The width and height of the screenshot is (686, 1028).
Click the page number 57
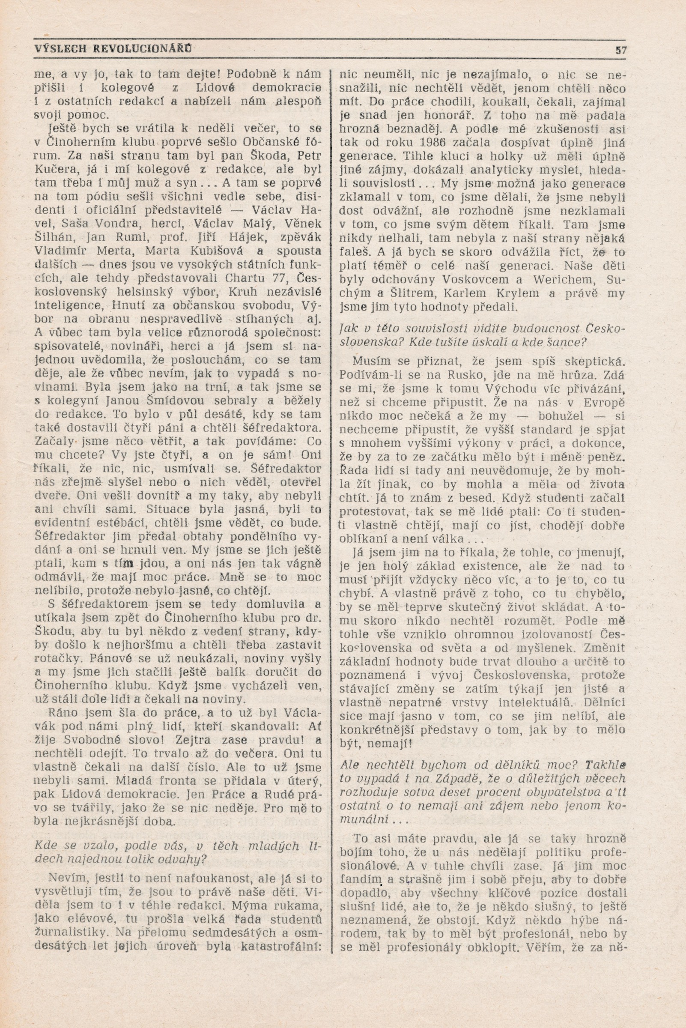click(621, 50)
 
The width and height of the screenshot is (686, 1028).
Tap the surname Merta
click(121, 251)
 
